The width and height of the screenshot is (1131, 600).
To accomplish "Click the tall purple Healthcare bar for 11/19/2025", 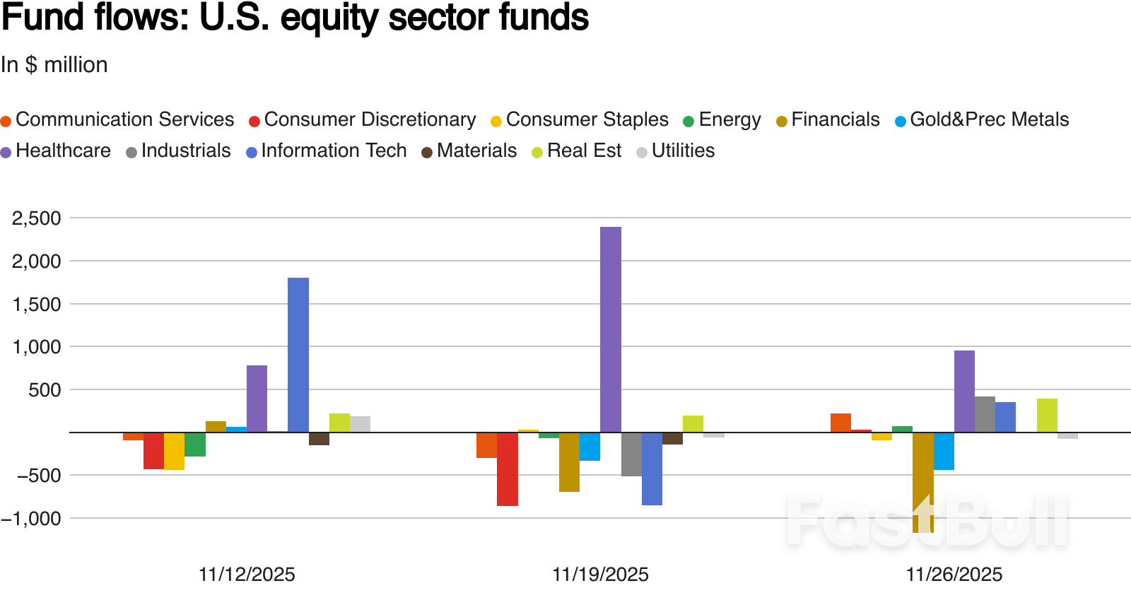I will coord(611,329).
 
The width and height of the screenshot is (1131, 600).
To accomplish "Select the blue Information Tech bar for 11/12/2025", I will coord(298,355).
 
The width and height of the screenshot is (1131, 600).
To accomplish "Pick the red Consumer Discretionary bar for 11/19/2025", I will coord(508,469).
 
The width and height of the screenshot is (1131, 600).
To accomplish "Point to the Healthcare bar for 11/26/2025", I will coord(964,392).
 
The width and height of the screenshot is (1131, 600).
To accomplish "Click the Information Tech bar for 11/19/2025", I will coord(652,469).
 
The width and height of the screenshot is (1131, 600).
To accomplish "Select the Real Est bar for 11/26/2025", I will coord(1047,416).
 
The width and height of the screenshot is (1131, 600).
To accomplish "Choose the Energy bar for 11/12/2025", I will coord(195,445).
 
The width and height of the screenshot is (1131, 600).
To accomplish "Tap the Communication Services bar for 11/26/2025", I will coord(840,423).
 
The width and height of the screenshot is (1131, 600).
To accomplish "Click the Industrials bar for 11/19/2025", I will coord(631,454).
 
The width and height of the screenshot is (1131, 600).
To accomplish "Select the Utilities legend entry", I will coord(676,151).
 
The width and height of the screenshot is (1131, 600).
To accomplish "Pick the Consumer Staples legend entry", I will coord(580,120).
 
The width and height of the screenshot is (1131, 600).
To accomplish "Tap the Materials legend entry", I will coord(469,151).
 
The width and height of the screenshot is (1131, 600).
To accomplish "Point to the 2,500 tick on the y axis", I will coord(36,218).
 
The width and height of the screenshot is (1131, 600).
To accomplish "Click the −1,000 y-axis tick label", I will coord(31,519).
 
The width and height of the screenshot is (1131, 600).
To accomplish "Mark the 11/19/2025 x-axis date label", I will coord(600,575).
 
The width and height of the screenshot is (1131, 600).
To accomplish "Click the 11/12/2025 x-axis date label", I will coord(247,575).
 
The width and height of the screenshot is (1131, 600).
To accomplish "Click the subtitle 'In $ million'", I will coord(54,65).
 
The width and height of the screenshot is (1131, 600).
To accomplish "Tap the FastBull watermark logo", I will coord(927,522).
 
